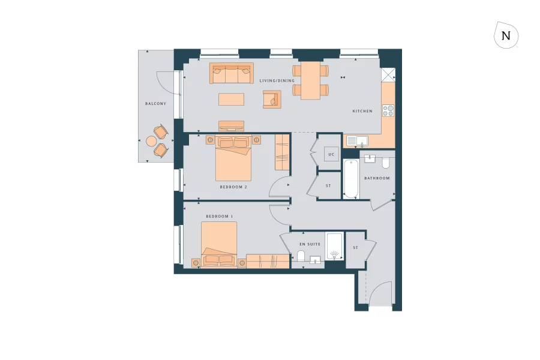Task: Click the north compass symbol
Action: click(506, 35)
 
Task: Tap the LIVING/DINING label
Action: click(277, 80)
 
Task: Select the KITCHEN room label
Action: click(362, 111)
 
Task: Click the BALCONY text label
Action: click(155, 104)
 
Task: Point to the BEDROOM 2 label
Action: click(233, 187)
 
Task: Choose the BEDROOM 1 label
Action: click(220, 217)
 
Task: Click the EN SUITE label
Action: click(310, 244)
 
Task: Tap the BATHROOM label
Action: click(377, 178)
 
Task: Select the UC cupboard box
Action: click(331, 154)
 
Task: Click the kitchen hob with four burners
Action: click(388, 110)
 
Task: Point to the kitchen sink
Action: click(357, 141)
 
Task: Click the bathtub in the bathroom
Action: click(351, 179)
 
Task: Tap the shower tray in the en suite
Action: click(334, 247)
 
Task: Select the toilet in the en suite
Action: click(301, 256)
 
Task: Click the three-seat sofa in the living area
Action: click(232, 73)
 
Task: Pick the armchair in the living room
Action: click(272, 99)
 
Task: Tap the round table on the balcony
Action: click(152, 141)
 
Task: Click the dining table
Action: click(311, 80)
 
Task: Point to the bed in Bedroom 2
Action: click(233, 158)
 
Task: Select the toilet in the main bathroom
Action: click(386, 163)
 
